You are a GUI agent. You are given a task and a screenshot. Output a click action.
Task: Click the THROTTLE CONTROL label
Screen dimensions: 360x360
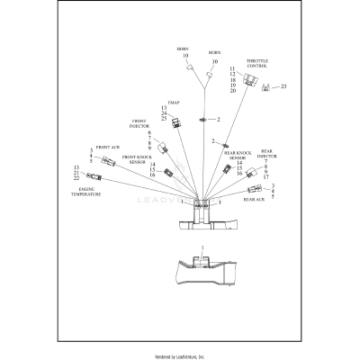(256, 63)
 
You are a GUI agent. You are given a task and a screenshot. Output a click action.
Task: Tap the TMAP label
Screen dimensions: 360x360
(173, 103)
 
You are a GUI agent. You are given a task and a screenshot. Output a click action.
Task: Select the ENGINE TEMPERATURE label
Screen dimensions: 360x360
(87, 192)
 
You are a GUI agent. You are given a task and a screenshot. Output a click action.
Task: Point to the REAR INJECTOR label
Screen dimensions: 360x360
(266, 155)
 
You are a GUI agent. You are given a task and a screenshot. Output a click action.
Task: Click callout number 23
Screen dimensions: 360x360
(283, 87)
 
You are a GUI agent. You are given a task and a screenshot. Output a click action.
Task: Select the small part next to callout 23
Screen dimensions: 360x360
(265, 87)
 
